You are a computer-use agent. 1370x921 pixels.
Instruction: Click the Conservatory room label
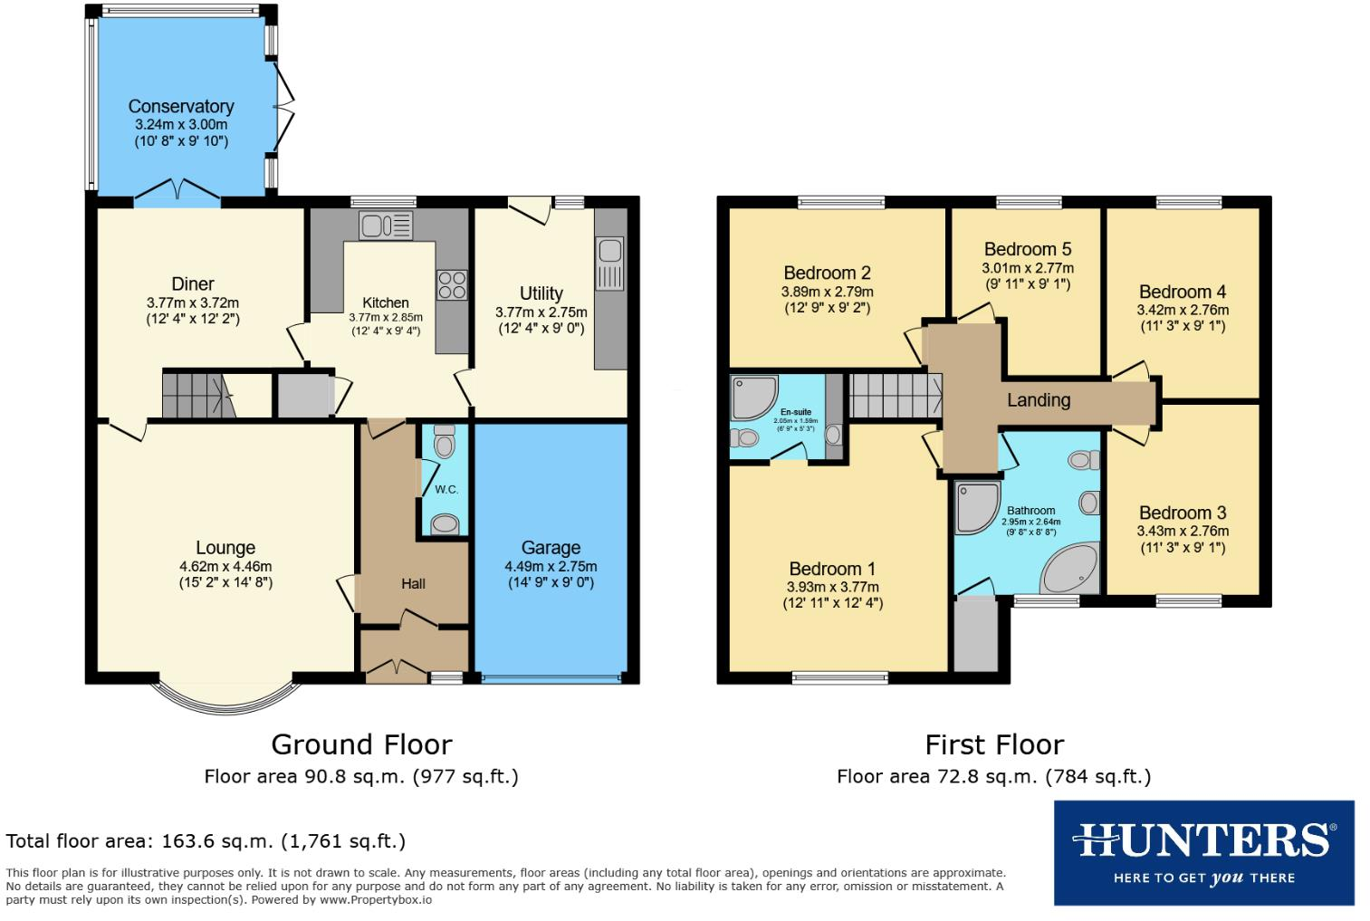(181, 107)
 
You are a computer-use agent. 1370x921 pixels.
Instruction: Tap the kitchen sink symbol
(386, 225)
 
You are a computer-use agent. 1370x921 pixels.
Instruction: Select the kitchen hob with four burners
(452, 285)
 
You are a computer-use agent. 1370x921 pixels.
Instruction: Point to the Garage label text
(551, 548)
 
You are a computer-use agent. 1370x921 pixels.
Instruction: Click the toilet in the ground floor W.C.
(444, 444)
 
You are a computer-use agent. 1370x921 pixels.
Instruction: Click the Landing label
(1039, 400)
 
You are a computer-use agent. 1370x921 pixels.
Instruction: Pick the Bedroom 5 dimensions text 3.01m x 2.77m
(1028, 268)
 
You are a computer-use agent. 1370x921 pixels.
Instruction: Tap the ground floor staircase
(195, 396)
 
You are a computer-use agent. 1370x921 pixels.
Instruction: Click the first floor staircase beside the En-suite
(894, 396)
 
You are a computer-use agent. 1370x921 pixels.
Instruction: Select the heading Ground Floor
(361, 744)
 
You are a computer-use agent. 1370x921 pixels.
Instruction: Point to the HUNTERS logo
(1203, 852)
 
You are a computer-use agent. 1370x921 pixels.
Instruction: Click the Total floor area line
(206, 841)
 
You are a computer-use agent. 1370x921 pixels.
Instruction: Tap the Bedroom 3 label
(1183, 513)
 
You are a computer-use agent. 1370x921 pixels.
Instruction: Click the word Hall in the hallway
(413, 584)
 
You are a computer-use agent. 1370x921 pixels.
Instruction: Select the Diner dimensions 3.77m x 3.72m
(193, 303)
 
